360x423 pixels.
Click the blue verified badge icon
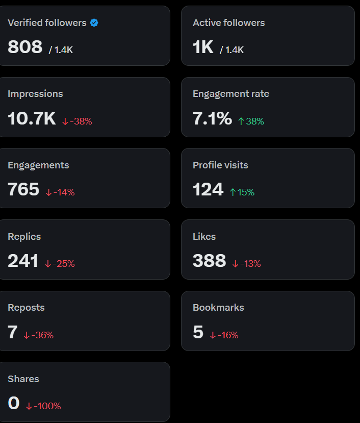94,23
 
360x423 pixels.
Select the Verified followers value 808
25,47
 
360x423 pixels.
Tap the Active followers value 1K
203,47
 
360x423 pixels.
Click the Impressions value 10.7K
32,118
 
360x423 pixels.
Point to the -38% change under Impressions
78,121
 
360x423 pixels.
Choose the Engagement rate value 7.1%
212,118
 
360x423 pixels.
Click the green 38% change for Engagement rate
251,121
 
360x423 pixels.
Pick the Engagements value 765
23,189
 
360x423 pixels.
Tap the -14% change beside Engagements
60,192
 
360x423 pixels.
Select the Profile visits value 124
208,189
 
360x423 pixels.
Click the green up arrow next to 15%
233,192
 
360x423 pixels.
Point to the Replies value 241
23,261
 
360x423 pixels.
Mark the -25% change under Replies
60,264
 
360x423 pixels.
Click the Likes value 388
209,261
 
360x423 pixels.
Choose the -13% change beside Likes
247,264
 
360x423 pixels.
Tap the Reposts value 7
13,332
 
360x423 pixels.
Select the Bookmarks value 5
198,332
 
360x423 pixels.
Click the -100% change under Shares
44,406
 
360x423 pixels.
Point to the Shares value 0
14,403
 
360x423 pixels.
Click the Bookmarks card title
218,308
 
